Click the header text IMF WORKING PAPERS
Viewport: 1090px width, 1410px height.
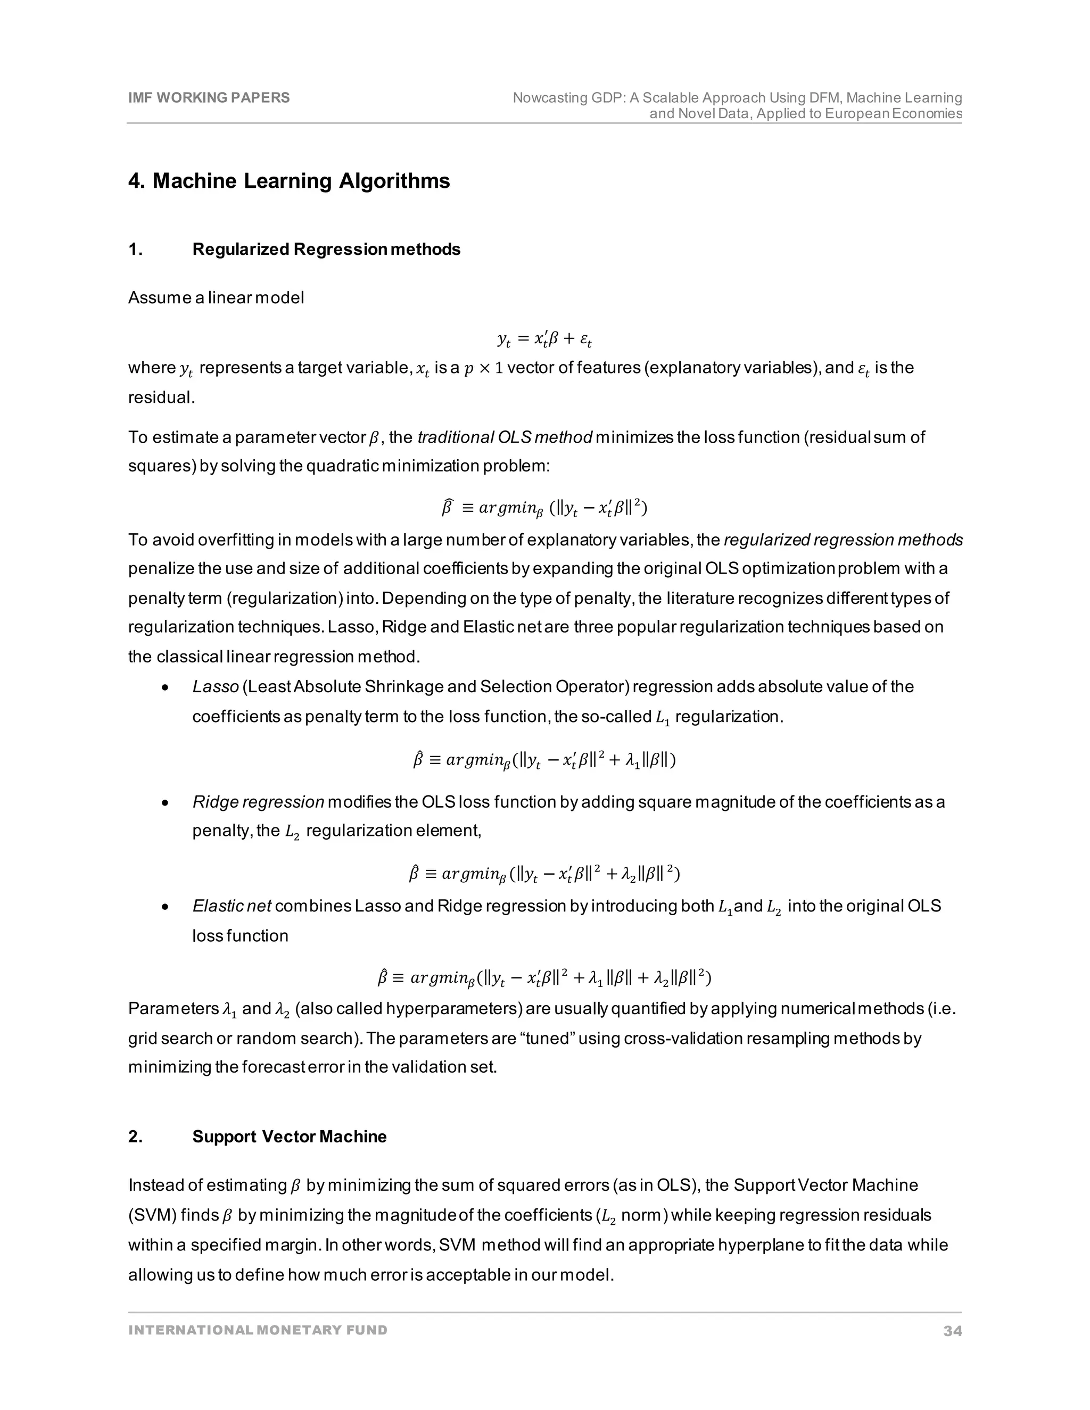click(209, 97)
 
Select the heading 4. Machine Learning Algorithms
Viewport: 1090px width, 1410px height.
click(288, 181)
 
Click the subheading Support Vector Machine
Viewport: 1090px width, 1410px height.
click(290, 1137)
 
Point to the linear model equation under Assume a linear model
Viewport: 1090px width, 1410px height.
click(544, 338)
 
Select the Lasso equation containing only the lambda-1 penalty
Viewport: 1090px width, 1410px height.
click(544, 760)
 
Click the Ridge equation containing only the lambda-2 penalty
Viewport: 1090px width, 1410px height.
click(544, 874)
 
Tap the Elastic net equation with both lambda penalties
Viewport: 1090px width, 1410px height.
click(544, 978)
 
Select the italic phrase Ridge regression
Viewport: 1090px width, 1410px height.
click(258, 802)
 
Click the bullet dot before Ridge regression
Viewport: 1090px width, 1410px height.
click(166, 803)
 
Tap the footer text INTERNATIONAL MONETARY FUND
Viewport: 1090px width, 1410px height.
click(258, 1330)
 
